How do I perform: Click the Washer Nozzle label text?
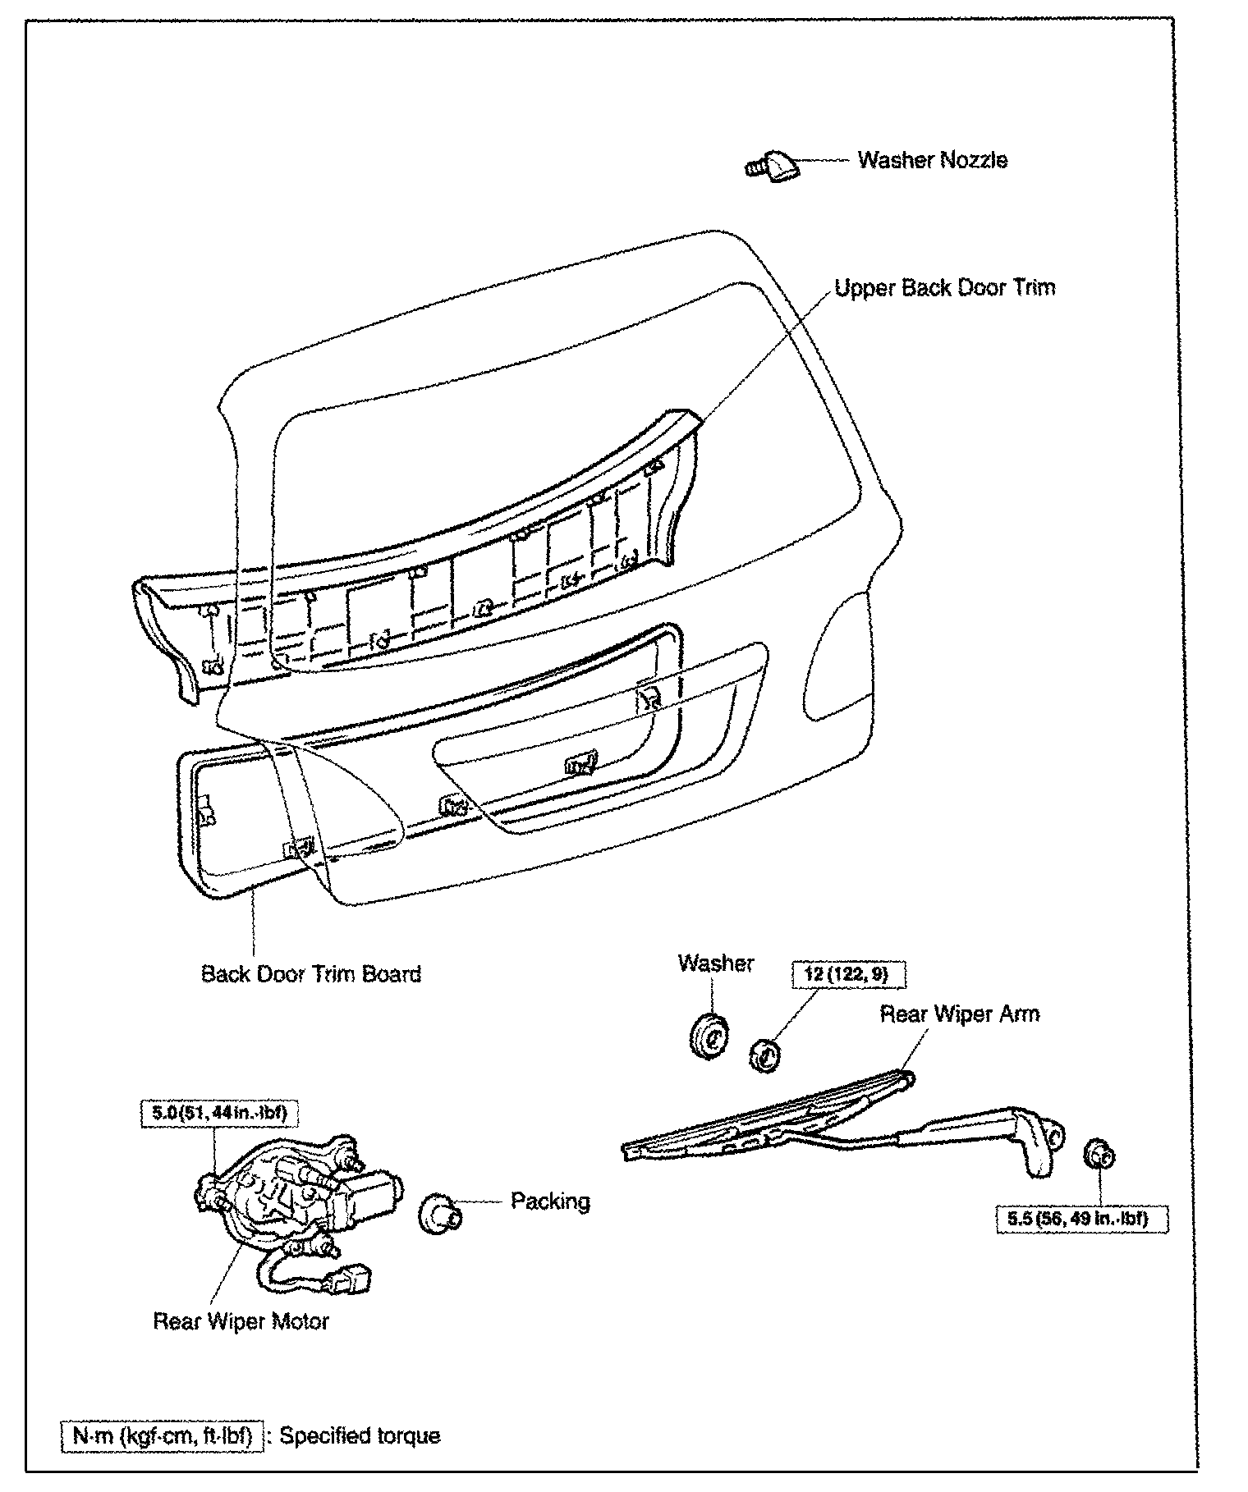pyautogui.click(x=932, y=159)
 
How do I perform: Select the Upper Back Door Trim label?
pyautogui.click(x=944, y=288)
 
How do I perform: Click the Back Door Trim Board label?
pyautogui.click(x=311, y=974)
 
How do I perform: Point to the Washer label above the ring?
pyautogui.click(x=715, y=963)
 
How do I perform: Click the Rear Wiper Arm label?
pyautogui.click(x=959, y=1014)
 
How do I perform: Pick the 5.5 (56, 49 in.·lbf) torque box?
pyautogui.click(x=1076, y=1219)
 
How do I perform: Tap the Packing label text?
pyautogui.click(x=550, y=1201)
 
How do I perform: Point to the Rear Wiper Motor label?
pyautogui.click(x=241, y=1345)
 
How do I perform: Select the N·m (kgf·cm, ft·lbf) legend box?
pyautogui.click(x=163, y=1436)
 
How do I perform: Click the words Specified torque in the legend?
pyautogui.click(x=360, y=1436)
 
